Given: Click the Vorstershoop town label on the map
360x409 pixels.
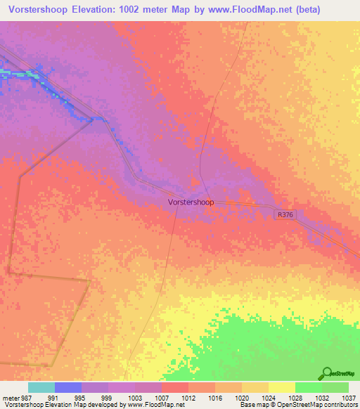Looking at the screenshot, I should tap(191, 201).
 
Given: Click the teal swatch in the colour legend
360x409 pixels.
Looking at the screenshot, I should tap(41, 387).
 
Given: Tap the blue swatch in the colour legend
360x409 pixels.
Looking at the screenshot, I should tap(68, 387).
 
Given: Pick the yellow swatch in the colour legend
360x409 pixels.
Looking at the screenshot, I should tap(281, 387).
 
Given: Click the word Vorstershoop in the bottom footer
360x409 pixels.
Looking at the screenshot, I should tap(22, 405).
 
